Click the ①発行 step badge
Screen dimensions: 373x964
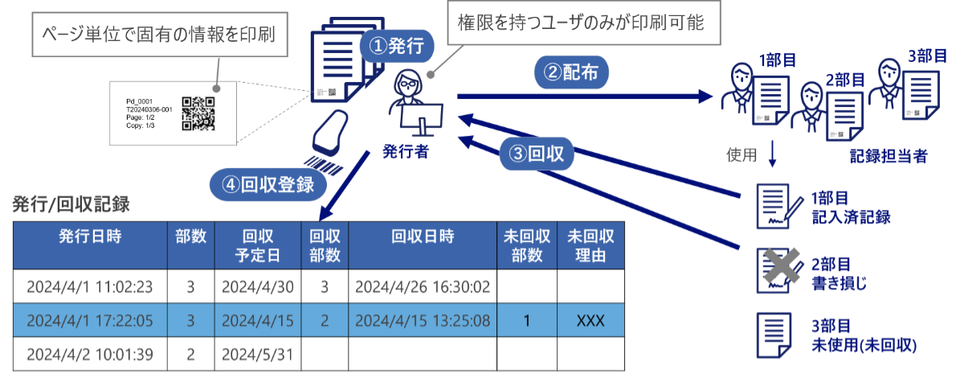pos(396,47)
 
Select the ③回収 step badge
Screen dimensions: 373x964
pos(537,154)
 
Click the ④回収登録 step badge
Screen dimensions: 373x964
pos(268,184)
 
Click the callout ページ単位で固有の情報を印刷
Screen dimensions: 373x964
pos(159,35)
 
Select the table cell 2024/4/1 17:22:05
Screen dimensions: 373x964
pos(90,321)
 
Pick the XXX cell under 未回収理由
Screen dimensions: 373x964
pos(590,321)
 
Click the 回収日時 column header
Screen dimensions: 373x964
pos(423,237)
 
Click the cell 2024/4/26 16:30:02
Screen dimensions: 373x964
pos(423,287)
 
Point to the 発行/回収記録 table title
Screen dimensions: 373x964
pos(71,205)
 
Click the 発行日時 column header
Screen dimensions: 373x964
pos(90,237)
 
